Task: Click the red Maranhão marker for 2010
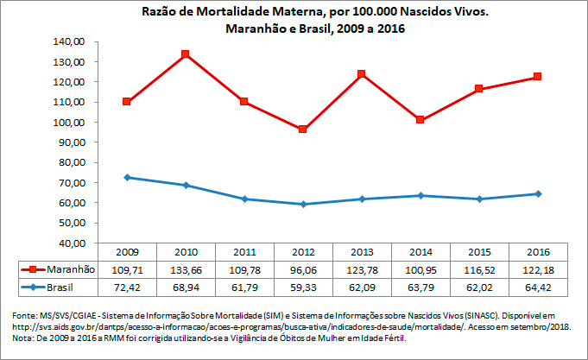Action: [x=186, y=54]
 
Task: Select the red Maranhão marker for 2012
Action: [x=303, y=129]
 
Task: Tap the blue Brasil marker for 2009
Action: [x=127, y=177]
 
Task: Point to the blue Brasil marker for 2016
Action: [x=538, y=193]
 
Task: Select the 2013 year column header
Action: [x=362, y=251]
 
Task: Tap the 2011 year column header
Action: [x=244, y=251]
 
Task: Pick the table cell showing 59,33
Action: [x=303, y=286]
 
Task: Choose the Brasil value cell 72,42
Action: [x=127, y=286]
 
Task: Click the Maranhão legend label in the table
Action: [x=71, y=268]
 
